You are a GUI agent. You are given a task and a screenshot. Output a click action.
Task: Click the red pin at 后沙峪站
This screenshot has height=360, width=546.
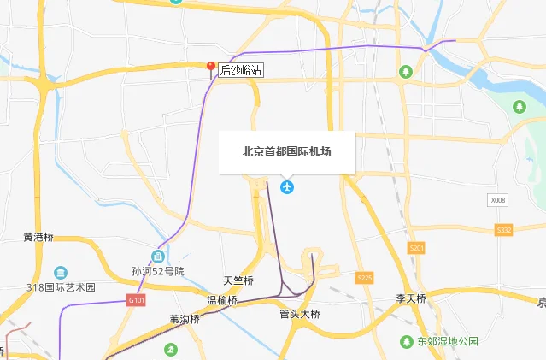(212, 67)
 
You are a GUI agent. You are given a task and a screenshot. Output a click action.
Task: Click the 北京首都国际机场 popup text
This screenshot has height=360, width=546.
(286, 151)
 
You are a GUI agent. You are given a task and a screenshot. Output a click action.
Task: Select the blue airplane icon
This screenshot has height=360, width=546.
(287, 186)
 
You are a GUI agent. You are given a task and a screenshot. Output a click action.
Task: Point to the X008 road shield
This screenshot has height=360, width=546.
(498, 200)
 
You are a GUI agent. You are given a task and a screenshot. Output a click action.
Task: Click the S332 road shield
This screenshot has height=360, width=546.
(503, 230)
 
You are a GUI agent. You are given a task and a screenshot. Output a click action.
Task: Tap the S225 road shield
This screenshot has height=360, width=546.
(365, 278)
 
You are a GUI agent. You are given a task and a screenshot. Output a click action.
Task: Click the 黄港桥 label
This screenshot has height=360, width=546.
(38, 237)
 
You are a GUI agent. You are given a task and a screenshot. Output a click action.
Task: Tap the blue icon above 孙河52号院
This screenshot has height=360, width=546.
(157, 257)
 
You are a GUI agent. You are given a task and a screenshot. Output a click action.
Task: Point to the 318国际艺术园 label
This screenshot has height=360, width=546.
(61, 287)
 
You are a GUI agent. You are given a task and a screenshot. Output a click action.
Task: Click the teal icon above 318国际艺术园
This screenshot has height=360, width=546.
(60, 272)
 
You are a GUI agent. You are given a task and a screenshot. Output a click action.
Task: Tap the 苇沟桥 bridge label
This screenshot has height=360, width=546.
(185, 318)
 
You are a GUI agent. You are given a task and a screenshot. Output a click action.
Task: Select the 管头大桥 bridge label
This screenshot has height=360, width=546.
(299, 314)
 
